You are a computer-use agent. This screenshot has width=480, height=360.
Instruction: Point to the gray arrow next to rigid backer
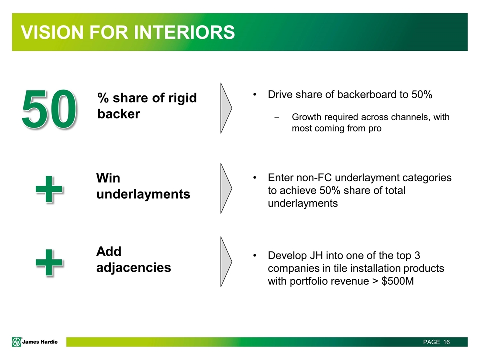click(226, 108)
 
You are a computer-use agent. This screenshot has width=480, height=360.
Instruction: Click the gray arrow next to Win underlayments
click(226, 187)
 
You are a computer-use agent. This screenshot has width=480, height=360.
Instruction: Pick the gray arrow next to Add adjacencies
click(226, 262)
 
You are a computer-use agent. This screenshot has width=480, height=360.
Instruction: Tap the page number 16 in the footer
click(446, 342)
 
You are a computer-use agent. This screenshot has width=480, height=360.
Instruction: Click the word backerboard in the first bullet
click(367, 95)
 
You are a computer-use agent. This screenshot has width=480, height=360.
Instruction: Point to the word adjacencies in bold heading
click(133, 267)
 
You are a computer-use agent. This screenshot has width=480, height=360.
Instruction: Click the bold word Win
click(108, 178)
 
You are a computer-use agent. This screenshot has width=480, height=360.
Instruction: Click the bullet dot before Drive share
click(255, 95)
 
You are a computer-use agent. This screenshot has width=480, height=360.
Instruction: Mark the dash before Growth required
click(277, 117)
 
